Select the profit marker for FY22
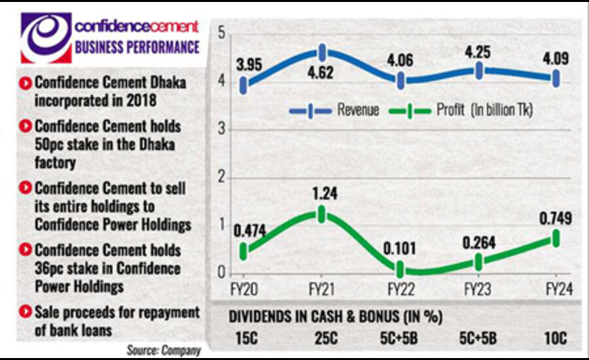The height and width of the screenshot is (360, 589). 400,269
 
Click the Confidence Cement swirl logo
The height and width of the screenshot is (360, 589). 45,37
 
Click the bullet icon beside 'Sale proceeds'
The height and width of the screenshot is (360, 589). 26,312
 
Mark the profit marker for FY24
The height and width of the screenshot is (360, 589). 557,238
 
